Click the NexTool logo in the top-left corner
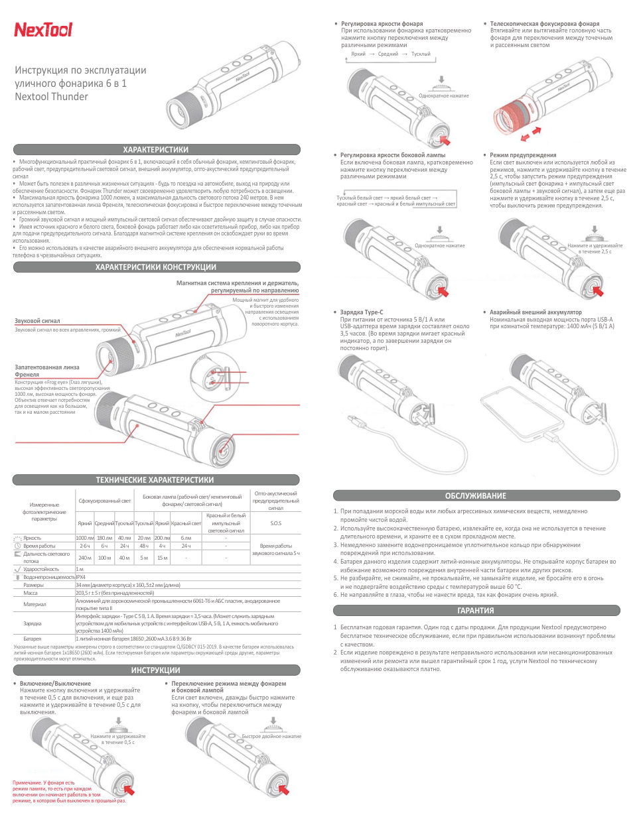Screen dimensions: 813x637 tap(43, 30)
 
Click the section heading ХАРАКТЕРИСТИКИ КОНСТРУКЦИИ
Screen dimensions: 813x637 tap(156, 267)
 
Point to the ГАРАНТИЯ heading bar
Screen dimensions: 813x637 tap(475, 610)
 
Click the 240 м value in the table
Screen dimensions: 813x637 tap(84, 558)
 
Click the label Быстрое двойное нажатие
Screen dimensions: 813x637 tap(271, 737)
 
